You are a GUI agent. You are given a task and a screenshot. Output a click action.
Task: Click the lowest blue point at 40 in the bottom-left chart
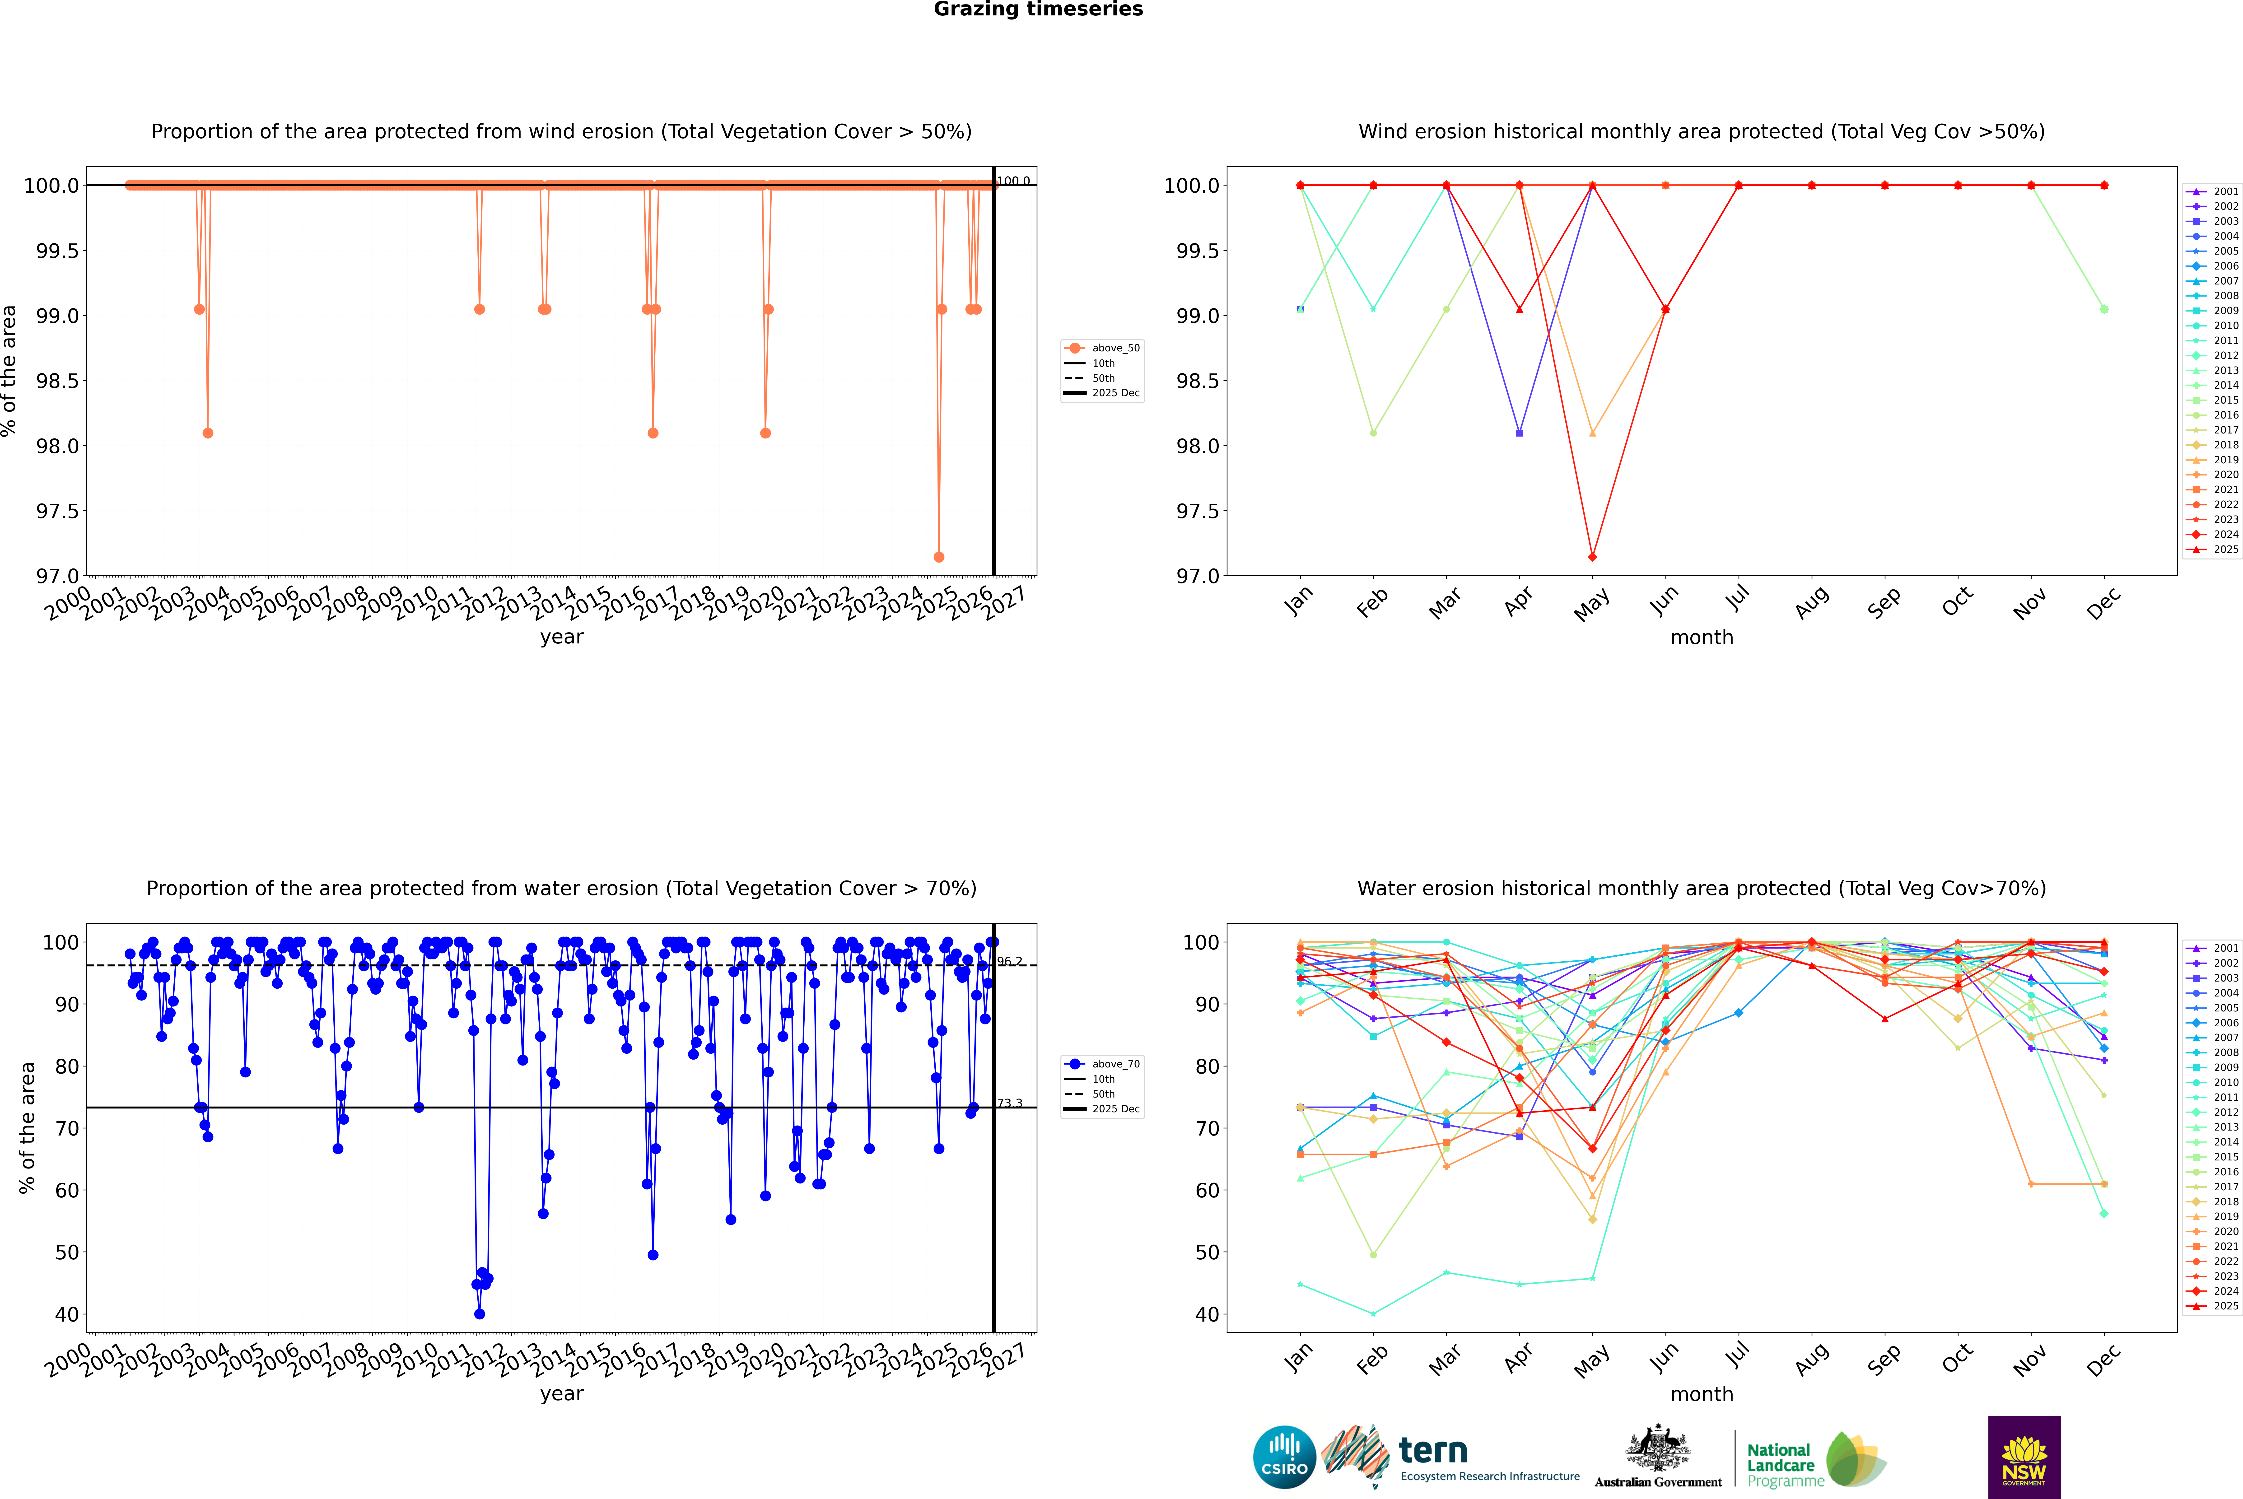click(479, 1313)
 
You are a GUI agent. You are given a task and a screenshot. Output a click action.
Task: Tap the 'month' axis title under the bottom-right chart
click(1701, 1394)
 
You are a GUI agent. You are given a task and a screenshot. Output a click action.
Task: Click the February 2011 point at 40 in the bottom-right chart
click(1373, 1313)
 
